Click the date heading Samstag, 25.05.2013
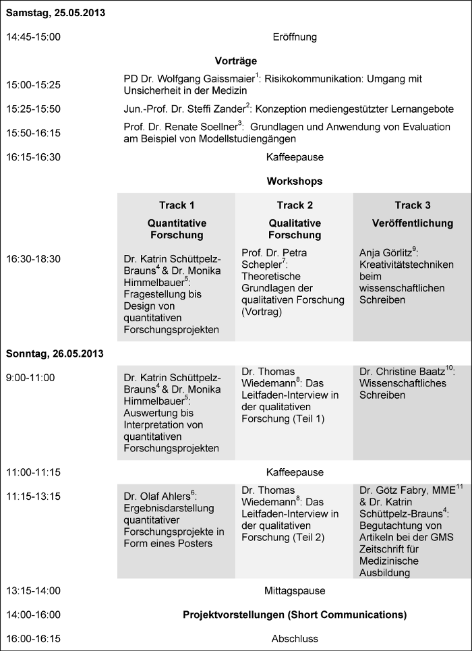coord(55,13)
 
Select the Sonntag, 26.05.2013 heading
coord(55,353)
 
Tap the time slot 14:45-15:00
coord(34,37)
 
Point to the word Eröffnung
coord(295,37)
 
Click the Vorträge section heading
coord(235,61)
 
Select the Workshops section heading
coord(295,181)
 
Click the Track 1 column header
coord(177,205)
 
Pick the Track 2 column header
coord(295,205)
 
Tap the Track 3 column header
coord(413,205)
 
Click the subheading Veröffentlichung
coord(413,223)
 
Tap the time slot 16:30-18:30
coord(34,258)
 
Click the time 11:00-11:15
coord(34,472)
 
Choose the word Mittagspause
coord(295,591)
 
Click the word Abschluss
coord(295,638)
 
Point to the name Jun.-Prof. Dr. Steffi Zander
coord(184,109)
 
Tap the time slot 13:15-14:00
coord(34,591)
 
